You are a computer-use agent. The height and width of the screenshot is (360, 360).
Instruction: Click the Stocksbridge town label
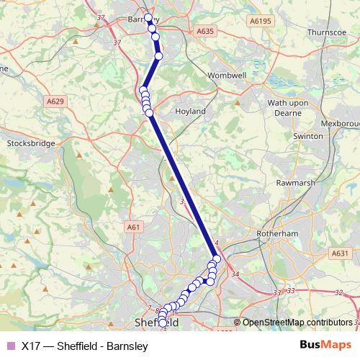[x=30, y=143]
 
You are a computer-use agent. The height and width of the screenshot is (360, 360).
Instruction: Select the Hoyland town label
[x=190, y=112]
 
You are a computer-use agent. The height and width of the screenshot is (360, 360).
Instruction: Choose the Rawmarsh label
[x=289, y=181]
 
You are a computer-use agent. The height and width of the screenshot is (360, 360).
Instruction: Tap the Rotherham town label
[x=277, y=234]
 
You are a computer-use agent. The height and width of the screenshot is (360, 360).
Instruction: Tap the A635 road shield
[x=205, y=32]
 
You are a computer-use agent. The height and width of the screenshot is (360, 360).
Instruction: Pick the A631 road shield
[x=341, y=253]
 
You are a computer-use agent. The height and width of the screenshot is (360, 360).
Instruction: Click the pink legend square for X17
[x=9, y=346]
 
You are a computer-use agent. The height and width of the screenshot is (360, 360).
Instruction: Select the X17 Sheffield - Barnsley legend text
[x=84, y=346]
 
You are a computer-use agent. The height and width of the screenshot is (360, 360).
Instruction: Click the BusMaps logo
[x=324, y=346]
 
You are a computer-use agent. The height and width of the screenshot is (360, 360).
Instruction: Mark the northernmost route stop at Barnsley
[x=148, y=17]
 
